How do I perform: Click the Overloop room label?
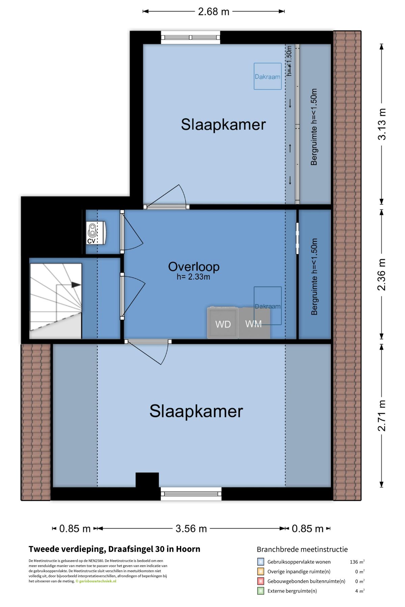(x=194, y=266)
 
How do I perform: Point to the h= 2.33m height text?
(x=193, y=277)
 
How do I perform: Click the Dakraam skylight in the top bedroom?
(x=268, y=76)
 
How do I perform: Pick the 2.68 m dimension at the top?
(x=214, y=11)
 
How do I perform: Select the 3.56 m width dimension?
(x=191, y=528)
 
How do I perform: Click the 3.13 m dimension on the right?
(x=382, y=124)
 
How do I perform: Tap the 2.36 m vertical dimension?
(x=382, y=274)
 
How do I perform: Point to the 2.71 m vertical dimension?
(x=382, y=415)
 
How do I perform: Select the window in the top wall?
(x=190, y=37)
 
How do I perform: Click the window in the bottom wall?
(x=191, y=494)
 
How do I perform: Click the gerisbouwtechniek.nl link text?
(x=98, y=581)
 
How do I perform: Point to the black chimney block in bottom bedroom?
(x=147, y=480)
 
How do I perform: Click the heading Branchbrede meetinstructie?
(x=302, y=549)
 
